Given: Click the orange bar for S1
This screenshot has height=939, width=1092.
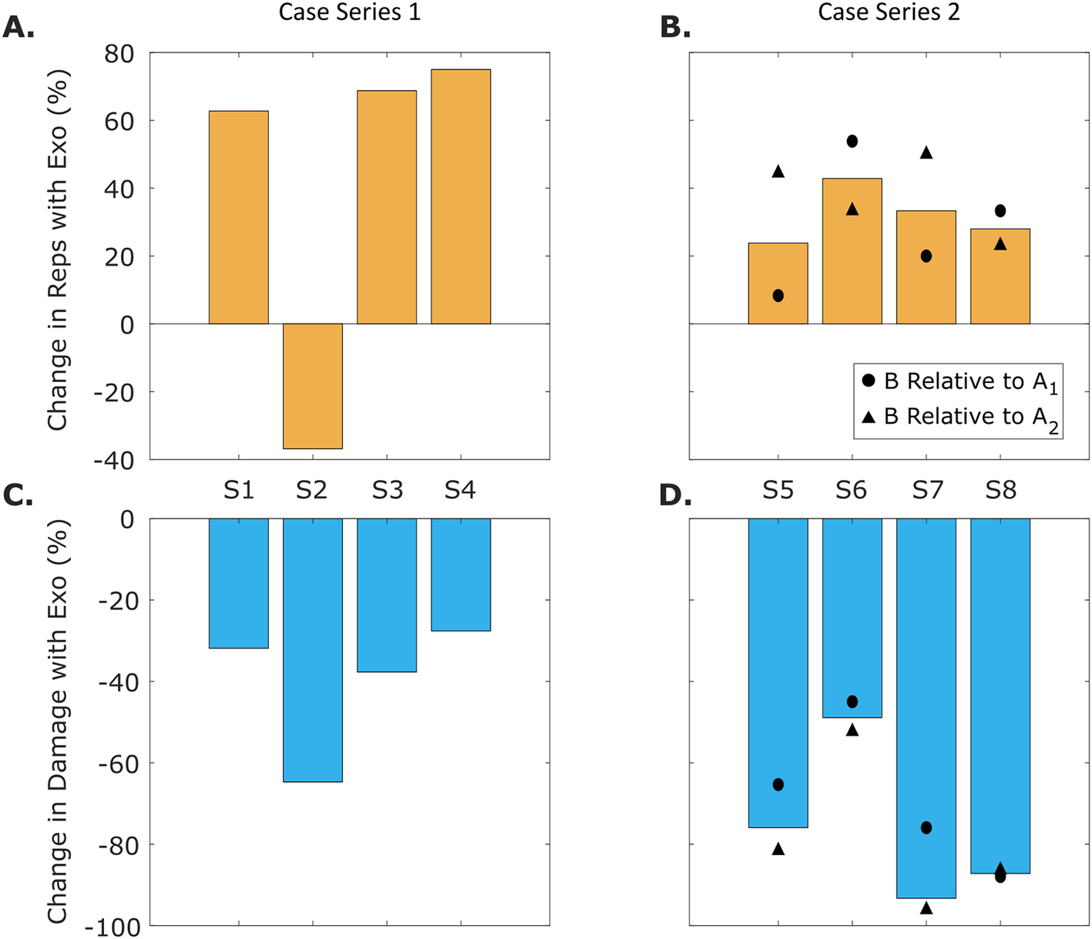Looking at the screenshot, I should pos(239,217).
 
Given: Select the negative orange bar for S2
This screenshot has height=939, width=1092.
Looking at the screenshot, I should pos(313,386).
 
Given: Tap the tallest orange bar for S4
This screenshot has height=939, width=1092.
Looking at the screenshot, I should pos(461,196).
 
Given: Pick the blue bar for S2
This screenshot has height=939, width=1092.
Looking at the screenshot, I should pos(313,650).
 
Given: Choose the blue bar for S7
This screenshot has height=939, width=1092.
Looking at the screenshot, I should pos(926,708).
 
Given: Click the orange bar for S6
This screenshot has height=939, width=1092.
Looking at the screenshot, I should pos(852,251).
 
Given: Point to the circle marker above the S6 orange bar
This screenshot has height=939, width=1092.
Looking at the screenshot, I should pos(852,142).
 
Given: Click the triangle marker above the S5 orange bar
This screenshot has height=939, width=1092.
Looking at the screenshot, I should pos(778,172).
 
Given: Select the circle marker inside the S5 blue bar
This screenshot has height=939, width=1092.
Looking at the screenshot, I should pos(778,785).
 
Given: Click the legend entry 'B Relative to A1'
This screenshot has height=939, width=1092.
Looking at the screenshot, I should pos(960,382).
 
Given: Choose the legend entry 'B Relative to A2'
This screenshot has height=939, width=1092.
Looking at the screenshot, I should pos(960,418).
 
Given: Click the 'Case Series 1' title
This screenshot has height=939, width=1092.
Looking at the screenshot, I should pos(350,12).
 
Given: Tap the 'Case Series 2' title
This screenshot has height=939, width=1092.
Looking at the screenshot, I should pos(889,12).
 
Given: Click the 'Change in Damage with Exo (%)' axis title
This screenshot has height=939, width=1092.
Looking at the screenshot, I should pos(59,721).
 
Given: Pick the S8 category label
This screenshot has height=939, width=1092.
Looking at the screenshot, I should pos(1001,490).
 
